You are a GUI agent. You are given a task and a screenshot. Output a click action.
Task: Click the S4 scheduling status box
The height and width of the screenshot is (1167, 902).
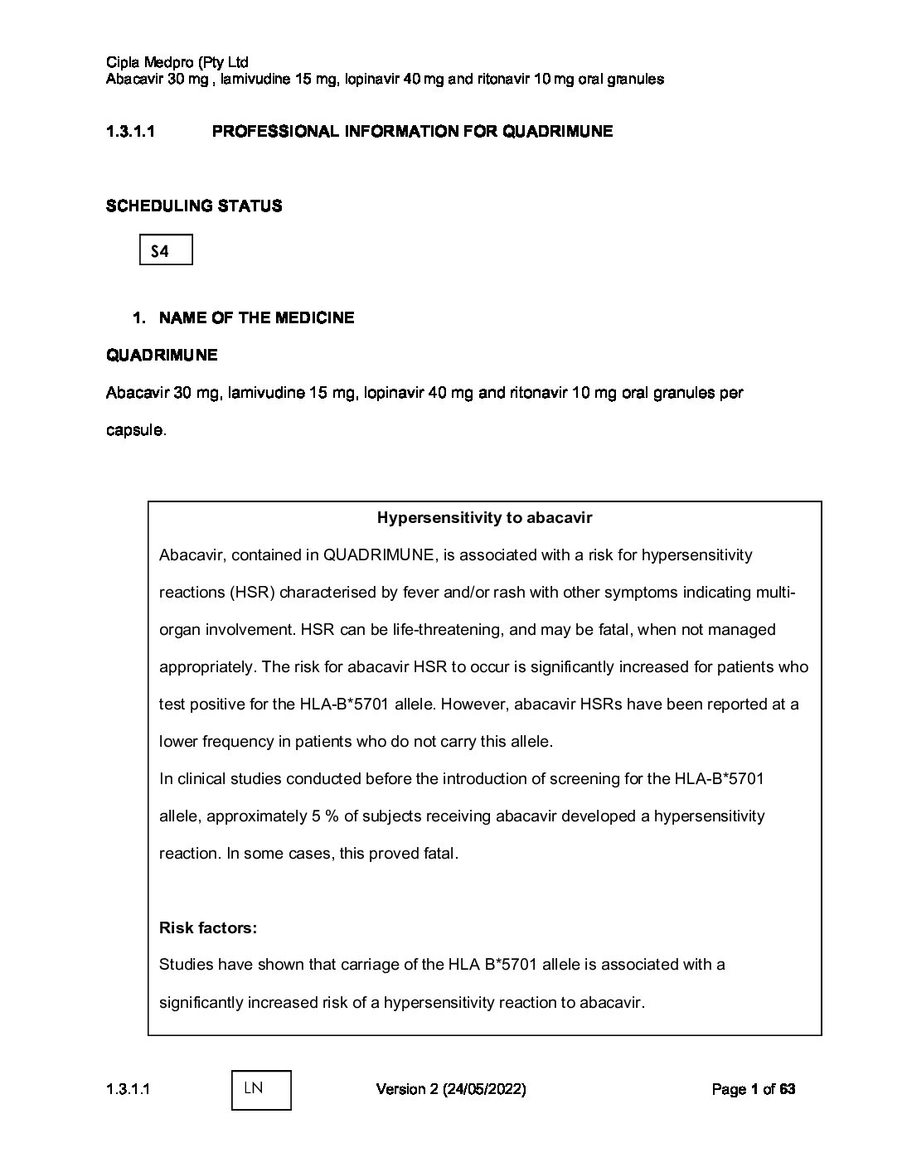tap(166, 250)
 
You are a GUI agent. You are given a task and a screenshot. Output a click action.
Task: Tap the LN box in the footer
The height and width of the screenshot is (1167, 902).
tap(261, 1089)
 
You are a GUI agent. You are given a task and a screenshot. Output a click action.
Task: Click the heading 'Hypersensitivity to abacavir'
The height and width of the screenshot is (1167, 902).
tap(484, 518)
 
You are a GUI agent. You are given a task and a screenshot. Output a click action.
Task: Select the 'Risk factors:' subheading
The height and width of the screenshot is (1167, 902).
tap(208, 927)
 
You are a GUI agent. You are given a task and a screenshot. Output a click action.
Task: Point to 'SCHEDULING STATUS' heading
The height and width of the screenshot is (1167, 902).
tap(194, 206)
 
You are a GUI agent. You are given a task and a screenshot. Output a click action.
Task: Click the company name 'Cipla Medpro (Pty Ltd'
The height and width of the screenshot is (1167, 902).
tap(177, 62)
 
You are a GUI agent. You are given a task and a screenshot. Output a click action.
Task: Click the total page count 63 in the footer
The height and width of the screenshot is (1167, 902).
tap(787, 1089)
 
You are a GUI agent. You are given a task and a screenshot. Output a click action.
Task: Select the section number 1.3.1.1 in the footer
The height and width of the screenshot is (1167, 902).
tap(129, 1089)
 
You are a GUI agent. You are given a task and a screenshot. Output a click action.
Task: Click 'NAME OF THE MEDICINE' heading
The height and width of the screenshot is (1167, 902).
tap(256, 317)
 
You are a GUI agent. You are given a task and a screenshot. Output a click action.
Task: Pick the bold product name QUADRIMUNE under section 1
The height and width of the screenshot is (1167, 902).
tap(162, 355)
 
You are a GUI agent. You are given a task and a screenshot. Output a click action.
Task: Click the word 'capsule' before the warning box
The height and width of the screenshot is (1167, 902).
tap(134, 430)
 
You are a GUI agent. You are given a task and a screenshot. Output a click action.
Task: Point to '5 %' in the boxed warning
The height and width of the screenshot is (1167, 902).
tap(325, 816)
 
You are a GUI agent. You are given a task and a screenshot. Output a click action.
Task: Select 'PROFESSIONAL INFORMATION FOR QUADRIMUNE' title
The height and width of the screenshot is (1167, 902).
tap(412, 131)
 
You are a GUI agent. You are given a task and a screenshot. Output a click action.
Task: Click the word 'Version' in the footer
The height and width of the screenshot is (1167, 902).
tap(401, 1089)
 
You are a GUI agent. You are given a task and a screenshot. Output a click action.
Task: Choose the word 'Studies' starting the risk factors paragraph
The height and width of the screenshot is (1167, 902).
tap(184, 965)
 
